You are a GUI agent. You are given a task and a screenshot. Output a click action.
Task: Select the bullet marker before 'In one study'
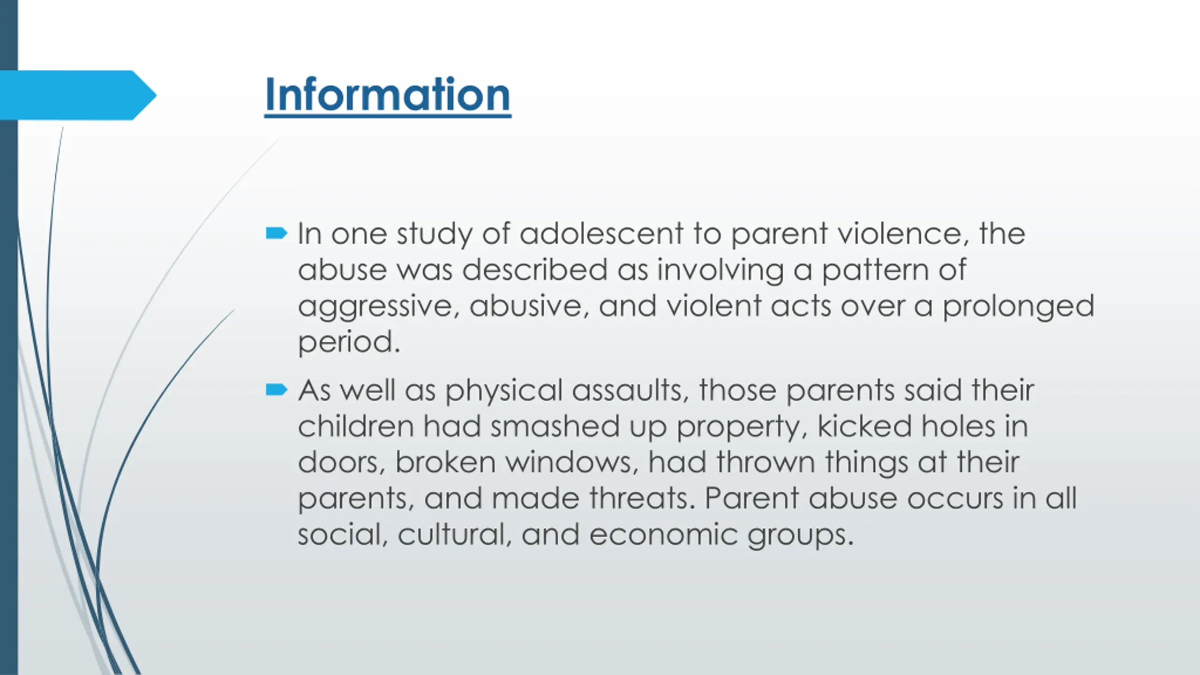[x=276, y=233]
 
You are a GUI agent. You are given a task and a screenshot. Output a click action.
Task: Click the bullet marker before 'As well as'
[x=276, y=390]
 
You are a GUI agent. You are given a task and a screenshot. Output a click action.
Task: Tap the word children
[x=356, y=426]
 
